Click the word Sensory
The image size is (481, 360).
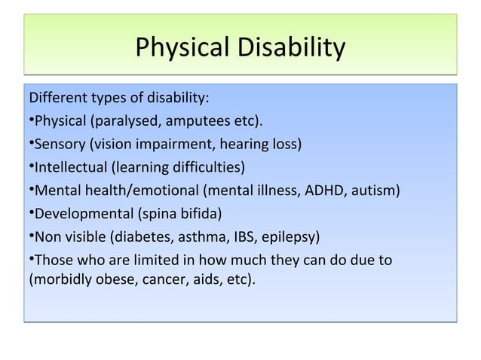tap(57, 145)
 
